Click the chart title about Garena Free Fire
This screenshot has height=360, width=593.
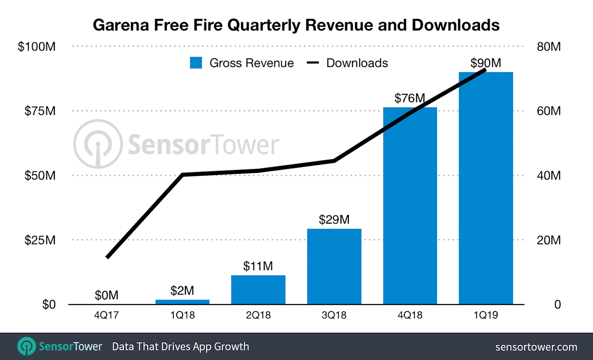296,25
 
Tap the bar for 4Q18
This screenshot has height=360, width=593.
410,206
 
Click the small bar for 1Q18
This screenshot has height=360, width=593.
182,302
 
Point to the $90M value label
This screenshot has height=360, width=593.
486,63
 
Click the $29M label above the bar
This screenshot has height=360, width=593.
334,220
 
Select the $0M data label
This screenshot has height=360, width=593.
107,295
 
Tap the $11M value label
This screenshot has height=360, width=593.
258,266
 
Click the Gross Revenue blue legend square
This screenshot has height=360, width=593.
196,63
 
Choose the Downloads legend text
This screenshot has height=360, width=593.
357,63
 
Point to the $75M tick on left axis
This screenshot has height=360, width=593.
40,111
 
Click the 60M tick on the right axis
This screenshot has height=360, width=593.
549,111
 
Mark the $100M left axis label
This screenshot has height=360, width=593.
37,47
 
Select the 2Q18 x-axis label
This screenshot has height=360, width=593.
258,315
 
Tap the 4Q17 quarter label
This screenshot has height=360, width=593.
107,315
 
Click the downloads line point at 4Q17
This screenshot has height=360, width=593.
107,257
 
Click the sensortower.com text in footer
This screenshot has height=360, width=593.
536,347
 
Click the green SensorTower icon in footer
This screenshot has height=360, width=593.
27,346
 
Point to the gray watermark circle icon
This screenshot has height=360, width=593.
98,144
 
